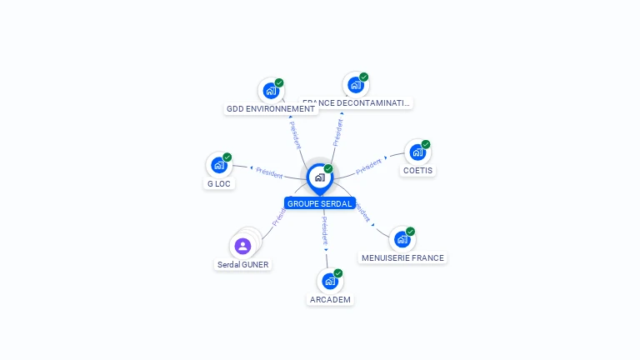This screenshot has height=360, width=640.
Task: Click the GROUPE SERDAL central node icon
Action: (319, 177)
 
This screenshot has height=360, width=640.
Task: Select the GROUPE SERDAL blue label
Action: (320, 203)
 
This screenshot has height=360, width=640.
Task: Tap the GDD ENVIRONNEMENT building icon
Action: (270, 90)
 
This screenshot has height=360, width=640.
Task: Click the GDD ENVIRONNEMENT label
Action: (272, 108)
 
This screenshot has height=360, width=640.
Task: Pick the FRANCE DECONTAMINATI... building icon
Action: (355, 84)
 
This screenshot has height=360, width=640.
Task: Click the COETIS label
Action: (418, 171)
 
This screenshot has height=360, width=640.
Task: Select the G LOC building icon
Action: (218, 165)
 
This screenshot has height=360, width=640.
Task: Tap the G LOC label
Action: (219, 183)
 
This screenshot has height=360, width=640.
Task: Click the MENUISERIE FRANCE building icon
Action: (402, 239)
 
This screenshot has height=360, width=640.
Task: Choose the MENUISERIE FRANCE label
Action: (402, 258)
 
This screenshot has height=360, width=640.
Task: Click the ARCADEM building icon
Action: (329, 281)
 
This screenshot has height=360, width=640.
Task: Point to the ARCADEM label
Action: (330, 299)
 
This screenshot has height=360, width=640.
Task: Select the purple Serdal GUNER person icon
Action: (242, 246)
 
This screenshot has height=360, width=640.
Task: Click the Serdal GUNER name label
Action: (243, 264)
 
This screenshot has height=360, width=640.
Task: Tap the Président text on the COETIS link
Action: (368, 166)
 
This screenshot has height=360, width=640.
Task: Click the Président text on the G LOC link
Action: (269, 172)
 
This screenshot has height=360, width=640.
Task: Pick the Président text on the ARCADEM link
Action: (325, 230)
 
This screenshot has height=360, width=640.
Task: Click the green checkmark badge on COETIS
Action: (426, 144)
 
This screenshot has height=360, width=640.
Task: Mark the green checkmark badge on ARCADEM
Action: (338, 272)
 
